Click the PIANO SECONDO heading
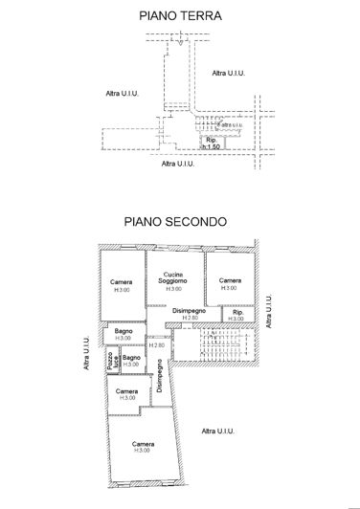pos(173,220)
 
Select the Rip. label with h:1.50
pos(212,144)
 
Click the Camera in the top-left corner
pos(121,284)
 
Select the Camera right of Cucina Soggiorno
pos(229,283)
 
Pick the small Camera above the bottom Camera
pos(125,394)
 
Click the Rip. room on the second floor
pos(236,315)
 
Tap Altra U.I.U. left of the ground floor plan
pos(124,92)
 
